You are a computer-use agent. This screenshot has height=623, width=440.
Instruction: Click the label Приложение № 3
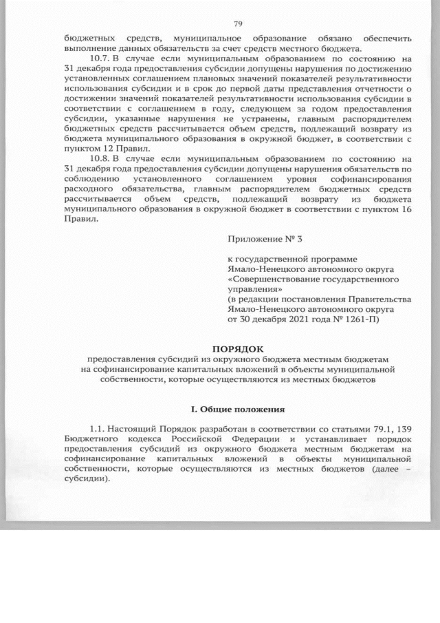pos(264,237)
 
